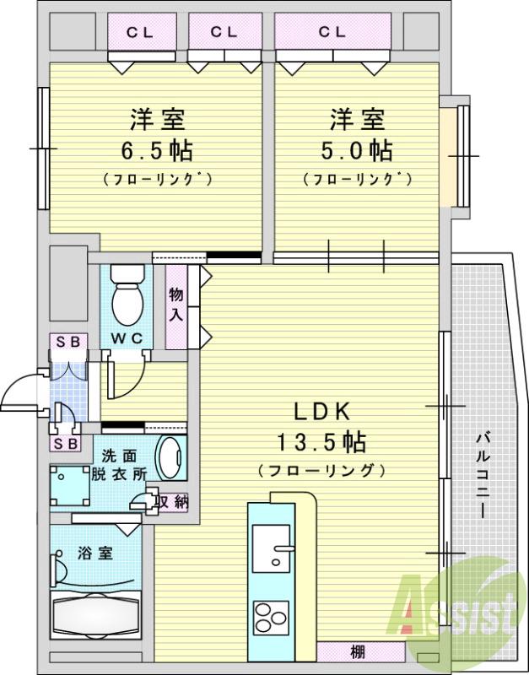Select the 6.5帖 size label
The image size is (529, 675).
pyautogui.click(x=159, y=151)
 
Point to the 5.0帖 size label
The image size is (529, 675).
pyautogui.click(x=358, y=151)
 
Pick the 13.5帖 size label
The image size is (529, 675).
pyautogui.click(x=321, y=441)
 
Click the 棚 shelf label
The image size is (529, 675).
pyautogui.click(x=358, y=651)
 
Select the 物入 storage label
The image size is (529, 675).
pyautogui.click(x=175, y=304)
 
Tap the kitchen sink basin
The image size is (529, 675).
pyautogui.click(x=273, y=548)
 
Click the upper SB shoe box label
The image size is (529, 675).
pyautogui.click(x=67, y=341)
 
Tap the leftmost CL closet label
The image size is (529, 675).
pyautogui.click(x=140, y=33)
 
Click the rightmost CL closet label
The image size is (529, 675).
pyautogui.click(x=332, y=33)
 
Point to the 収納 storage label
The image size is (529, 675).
pyautogui.click(x=173, y=500)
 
